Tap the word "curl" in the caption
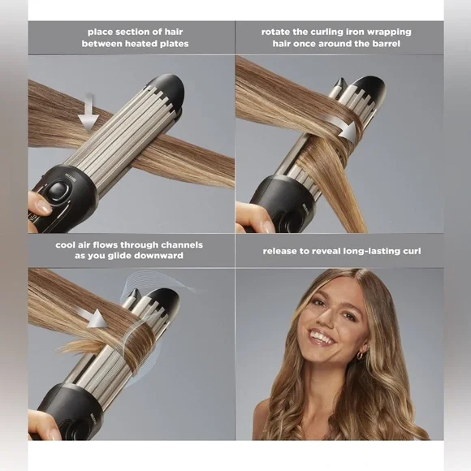pos(408,250)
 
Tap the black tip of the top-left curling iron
pos(169,87)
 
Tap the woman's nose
pos(318,319)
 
